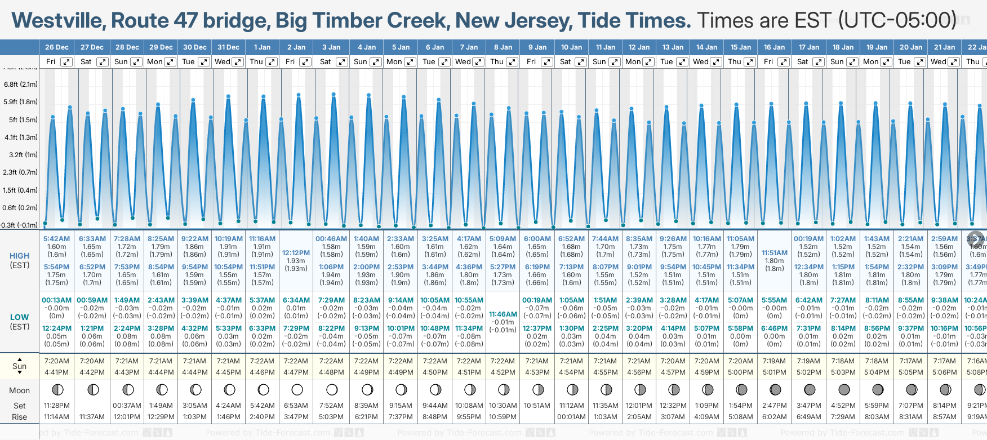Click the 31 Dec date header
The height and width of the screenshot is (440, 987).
click(228, 47)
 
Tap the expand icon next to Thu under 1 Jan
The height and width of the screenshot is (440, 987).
click(271, 62)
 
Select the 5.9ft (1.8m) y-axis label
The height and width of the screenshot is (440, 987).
click(20, 102)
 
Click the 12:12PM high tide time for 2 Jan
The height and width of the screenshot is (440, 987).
click(296, 253)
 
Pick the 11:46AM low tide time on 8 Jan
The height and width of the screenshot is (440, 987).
click(503, 314)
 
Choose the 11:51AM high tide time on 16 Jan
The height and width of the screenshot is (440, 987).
click(774, 253)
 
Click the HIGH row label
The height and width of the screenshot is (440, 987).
click(19, 256)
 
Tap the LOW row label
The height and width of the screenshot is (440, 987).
click(19, 317)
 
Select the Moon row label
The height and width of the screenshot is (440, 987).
click(19, 390)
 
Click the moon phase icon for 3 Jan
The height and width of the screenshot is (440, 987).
click(332, 389)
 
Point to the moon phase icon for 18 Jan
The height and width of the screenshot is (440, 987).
click(843, 389)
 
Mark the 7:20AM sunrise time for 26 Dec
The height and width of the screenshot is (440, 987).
click(56, 361)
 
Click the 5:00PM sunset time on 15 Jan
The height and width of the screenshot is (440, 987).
click(740, 372)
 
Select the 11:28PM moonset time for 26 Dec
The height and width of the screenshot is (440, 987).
click(56, 406)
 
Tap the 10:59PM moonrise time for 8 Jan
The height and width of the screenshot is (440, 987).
click(503, 417)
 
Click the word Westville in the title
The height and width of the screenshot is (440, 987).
click(58, 21)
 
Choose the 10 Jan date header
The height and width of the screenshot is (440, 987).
click(571, 47)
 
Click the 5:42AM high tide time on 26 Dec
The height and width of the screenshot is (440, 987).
click(56, 239)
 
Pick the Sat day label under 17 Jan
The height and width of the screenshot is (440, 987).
click(803, 62)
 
